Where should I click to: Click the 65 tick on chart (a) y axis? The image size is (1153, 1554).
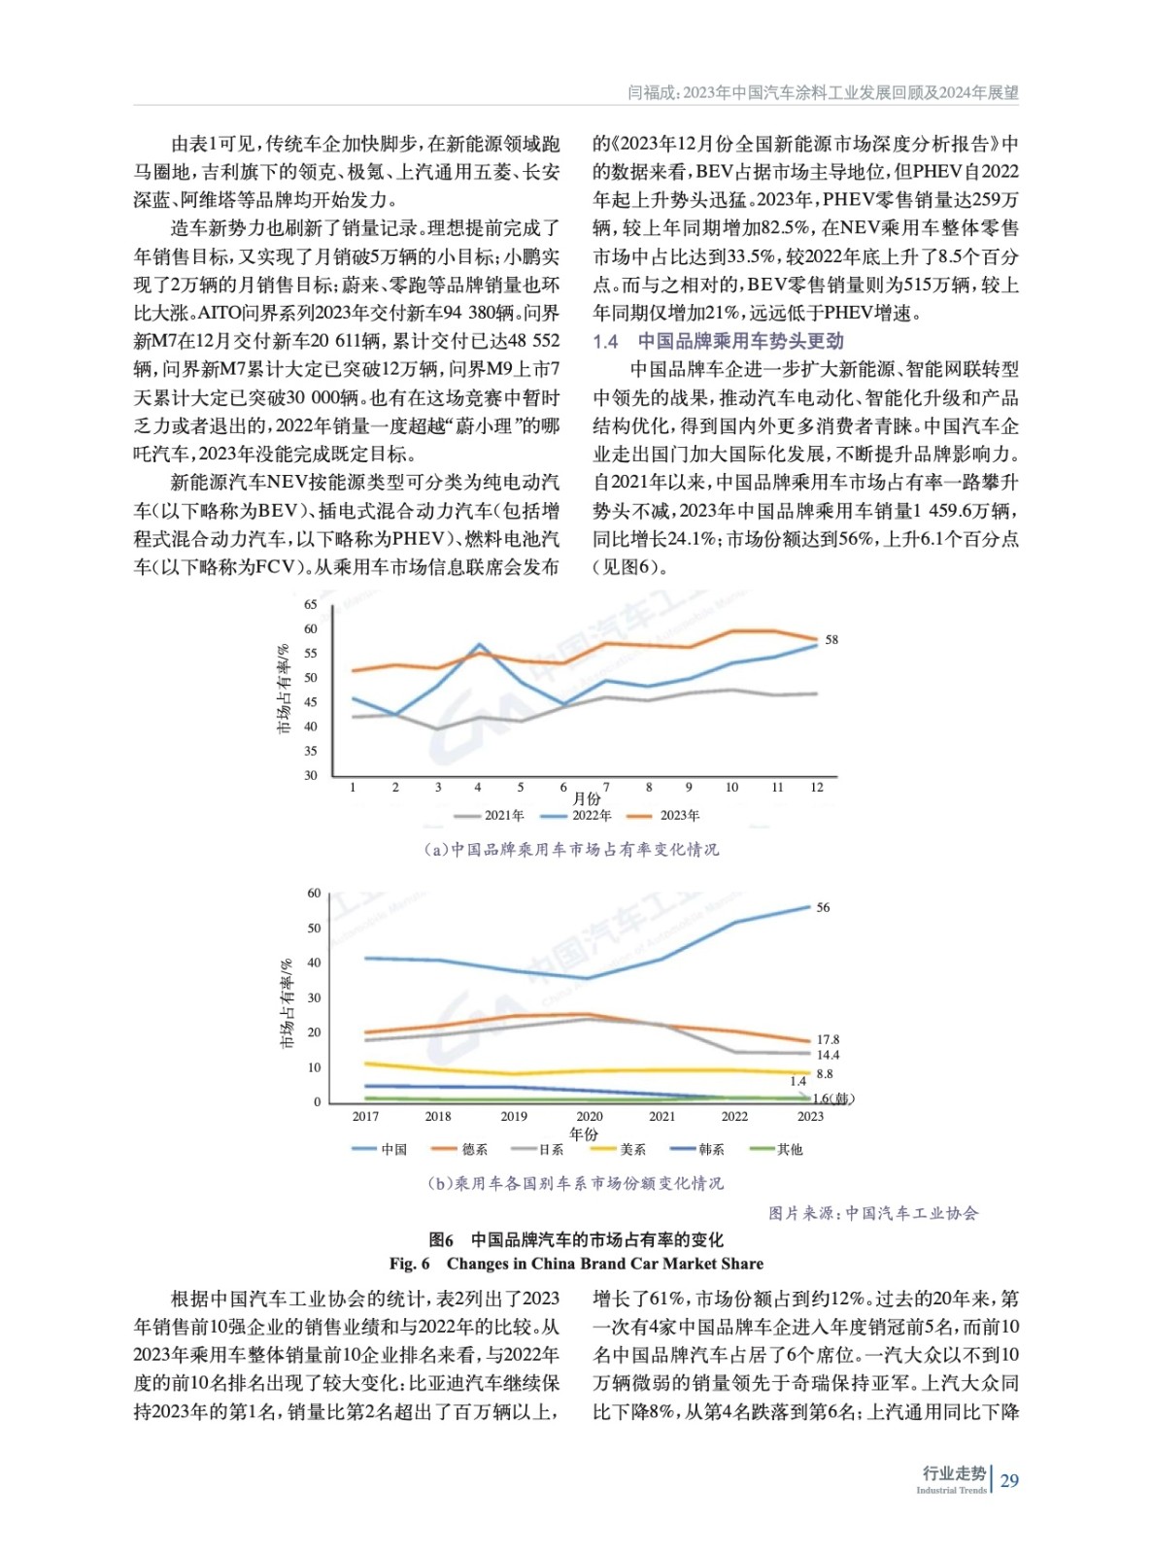tap(311, 604)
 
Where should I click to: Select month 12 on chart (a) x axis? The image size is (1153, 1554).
tap(817, 788)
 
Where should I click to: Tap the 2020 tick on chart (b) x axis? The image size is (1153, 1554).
tap(590, 1116)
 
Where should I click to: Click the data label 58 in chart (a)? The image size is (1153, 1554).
tap(831, 640)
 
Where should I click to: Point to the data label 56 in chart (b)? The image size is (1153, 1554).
tap(823, 907)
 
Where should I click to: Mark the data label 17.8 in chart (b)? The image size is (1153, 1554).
tap(828, 1039)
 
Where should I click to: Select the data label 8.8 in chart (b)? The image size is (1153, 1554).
tap(825, 1074)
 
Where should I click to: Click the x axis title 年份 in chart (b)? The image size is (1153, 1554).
tap(584, 1133)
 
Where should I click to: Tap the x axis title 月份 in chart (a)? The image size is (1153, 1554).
tap(586, 799)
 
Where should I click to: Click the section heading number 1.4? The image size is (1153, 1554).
tap(605, 341)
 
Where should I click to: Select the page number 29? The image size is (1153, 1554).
tap(1009, 1481)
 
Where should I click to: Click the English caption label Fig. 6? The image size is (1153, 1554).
tap(409, 1264)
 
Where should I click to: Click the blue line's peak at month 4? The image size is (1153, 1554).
tap(479, 644)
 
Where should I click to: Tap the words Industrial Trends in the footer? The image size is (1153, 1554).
tap(951, 1490)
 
